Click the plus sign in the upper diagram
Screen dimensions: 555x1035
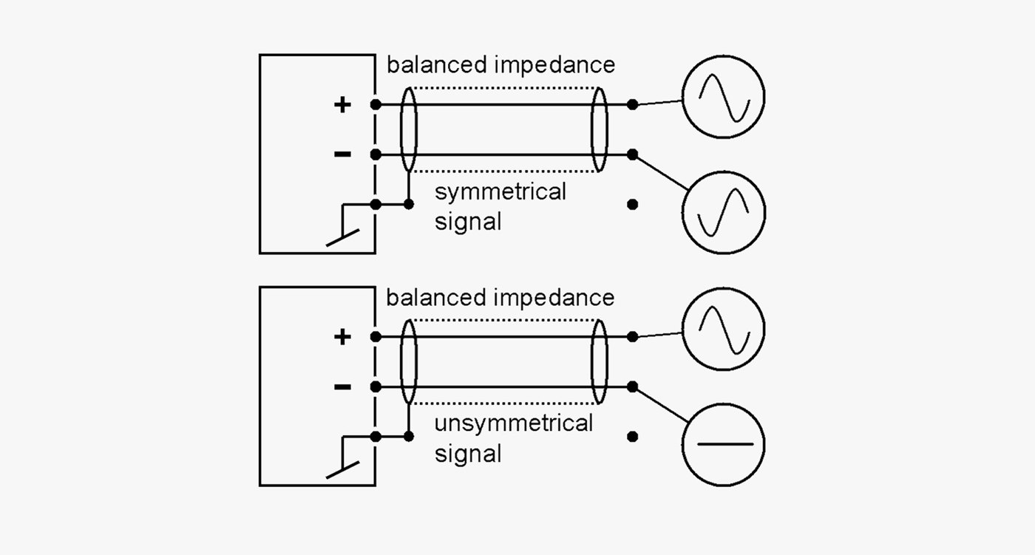(x=342, y=104)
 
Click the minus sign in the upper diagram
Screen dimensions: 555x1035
(x=342, y=154)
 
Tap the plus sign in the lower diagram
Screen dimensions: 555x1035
(x=342, y=337)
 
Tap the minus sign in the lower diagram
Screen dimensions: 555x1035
(x=342, y=386)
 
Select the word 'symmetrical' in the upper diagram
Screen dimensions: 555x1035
(x=500, y=193)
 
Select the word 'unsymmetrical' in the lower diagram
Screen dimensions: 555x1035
(x=513, y=425)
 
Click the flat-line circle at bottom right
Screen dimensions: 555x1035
(x=723, y=445)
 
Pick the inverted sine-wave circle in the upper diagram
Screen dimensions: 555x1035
(x=723, y=213)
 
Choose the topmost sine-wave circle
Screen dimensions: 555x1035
(x=723, y=98)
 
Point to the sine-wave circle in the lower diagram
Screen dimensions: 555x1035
(x=723, y=330)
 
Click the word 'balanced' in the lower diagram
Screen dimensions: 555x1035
(x=436, y=297)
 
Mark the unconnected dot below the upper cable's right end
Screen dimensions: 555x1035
(x=632, y=205)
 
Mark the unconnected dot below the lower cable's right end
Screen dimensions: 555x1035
(x=632, y=437)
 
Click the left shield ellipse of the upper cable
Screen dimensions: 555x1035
(x=408, y=129)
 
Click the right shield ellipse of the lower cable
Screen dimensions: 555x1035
(x=599, y=362)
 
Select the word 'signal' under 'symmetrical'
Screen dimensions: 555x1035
(x=468, y=221)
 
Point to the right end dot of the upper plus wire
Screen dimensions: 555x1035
(x=632, y=105)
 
